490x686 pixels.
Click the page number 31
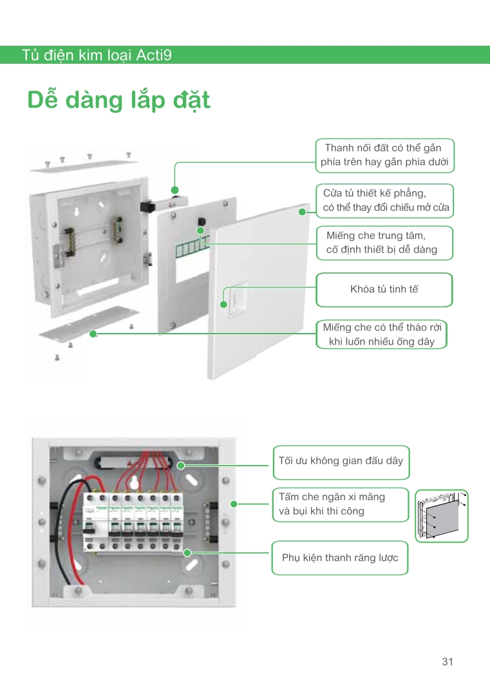448,662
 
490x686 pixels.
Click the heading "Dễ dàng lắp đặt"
118,100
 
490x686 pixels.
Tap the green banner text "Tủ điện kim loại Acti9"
97,55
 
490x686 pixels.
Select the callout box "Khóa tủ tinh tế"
384,290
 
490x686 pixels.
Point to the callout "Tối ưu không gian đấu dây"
341,462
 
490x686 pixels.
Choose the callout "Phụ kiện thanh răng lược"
340,558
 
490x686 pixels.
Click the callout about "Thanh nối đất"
385,155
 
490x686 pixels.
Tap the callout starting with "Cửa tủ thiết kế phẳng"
385,201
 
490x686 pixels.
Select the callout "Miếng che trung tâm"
384,243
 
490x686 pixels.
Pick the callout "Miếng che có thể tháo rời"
382,334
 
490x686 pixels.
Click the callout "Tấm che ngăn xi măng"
341,504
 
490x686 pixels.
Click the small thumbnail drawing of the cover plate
442,516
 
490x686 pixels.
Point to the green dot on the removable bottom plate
93,334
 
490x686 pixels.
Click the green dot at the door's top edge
302,212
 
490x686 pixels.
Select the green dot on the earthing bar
174,190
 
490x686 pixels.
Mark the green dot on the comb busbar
187,553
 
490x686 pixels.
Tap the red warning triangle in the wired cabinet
129,462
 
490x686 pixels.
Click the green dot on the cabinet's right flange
234,504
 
